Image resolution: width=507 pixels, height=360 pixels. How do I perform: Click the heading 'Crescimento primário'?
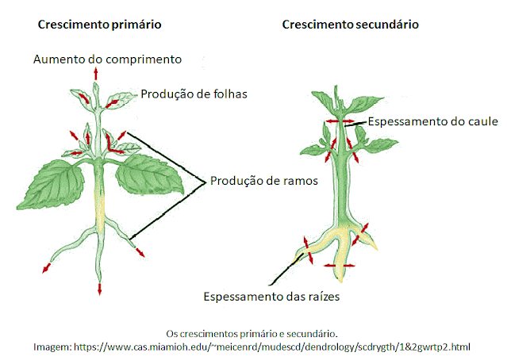[100, 25]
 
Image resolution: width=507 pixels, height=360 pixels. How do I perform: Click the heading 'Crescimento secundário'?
[351, 25]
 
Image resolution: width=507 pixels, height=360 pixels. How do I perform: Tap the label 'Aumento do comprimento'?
[108, 59]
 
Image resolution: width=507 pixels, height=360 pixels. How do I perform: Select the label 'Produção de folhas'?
[194, 94]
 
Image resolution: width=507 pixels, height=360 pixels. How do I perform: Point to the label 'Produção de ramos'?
[264, 181]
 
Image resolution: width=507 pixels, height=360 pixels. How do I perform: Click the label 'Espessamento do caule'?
[432, 121]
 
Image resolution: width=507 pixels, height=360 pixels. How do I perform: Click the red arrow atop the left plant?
[98, 72]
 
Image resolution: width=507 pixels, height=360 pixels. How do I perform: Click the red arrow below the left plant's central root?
[99, 288]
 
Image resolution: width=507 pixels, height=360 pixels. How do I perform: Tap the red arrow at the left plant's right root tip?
[140, 254]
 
